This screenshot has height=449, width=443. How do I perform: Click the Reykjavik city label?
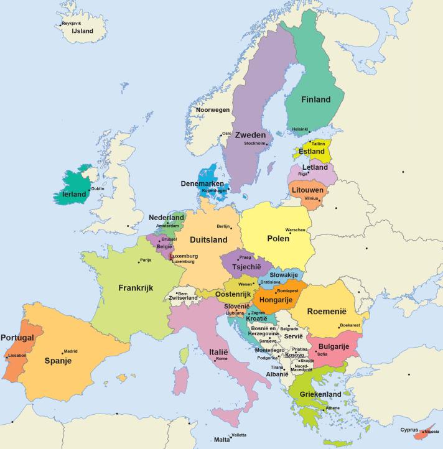click(x=72, y=23)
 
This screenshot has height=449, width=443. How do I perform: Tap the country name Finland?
click(x=315, y=100)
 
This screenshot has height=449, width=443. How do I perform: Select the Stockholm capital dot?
click(x=266, y=144)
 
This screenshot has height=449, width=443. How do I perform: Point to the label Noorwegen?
click(x=213, y=109)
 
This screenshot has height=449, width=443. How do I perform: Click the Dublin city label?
click(x=98, y=188)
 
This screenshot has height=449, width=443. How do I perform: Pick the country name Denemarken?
click(x=203, y=183)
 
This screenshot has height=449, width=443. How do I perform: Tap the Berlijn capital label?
click(x=223, y=226)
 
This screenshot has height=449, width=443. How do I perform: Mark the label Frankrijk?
click(x=136, y=288)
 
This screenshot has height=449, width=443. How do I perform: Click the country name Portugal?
click(x=17, y=338)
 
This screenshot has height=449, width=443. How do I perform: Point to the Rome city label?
click(x=222, y=359)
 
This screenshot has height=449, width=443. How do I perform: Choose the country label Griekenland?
click(x=320, y=394)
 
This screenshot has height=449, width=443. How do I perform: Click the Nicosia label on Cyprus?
click(x=432, y=431)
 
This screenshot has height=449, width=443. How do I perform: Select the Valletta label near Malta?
click(x=238, y=435)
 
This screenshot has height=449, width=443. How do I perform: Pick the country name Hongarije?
click(x=276, y=300)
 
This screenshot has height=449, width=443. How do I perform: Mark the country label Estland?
click(x=311, y=151)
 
